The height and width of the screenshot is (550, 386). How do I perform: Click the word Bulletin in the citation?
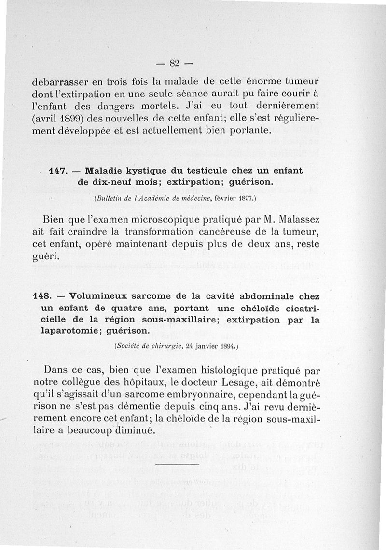coord(107,198)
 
